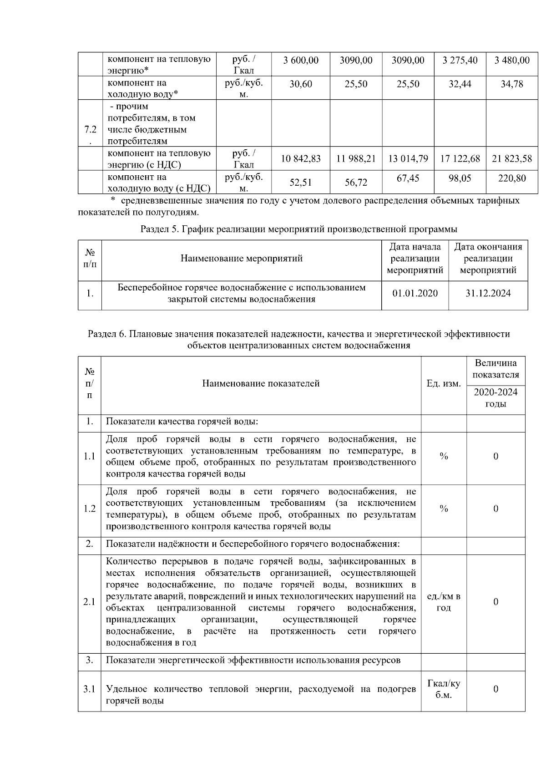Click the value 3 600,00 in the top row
[x=300, y=61]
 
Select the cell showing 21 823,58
[x=511, y=159]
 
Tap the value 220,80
[x=512, y=178]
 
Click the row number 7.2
[x=90, y=130]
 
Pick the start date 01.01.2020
[x=415, y=293]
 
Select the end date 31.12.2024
[x=488, y=293]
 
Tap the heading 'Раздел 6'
[x=107, y=334]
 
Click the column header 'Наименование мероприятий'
[x=241, y=259]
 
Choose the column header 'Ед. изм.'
[x=443, y=384]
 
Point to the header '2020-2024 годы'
[x=495, y=398]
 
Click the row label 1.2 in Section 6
[x=90, y=509]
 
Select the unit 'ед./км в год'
[x=444, y=602]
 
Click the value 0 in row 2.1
[x=495, y=602]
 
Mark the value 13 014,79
[x=408, y=159]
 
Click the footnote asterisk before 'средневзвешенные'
[x=113, y=201]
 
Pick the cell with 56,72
[x=356, y=182]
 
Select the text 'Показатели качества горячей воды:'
[x=182, y=422]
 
